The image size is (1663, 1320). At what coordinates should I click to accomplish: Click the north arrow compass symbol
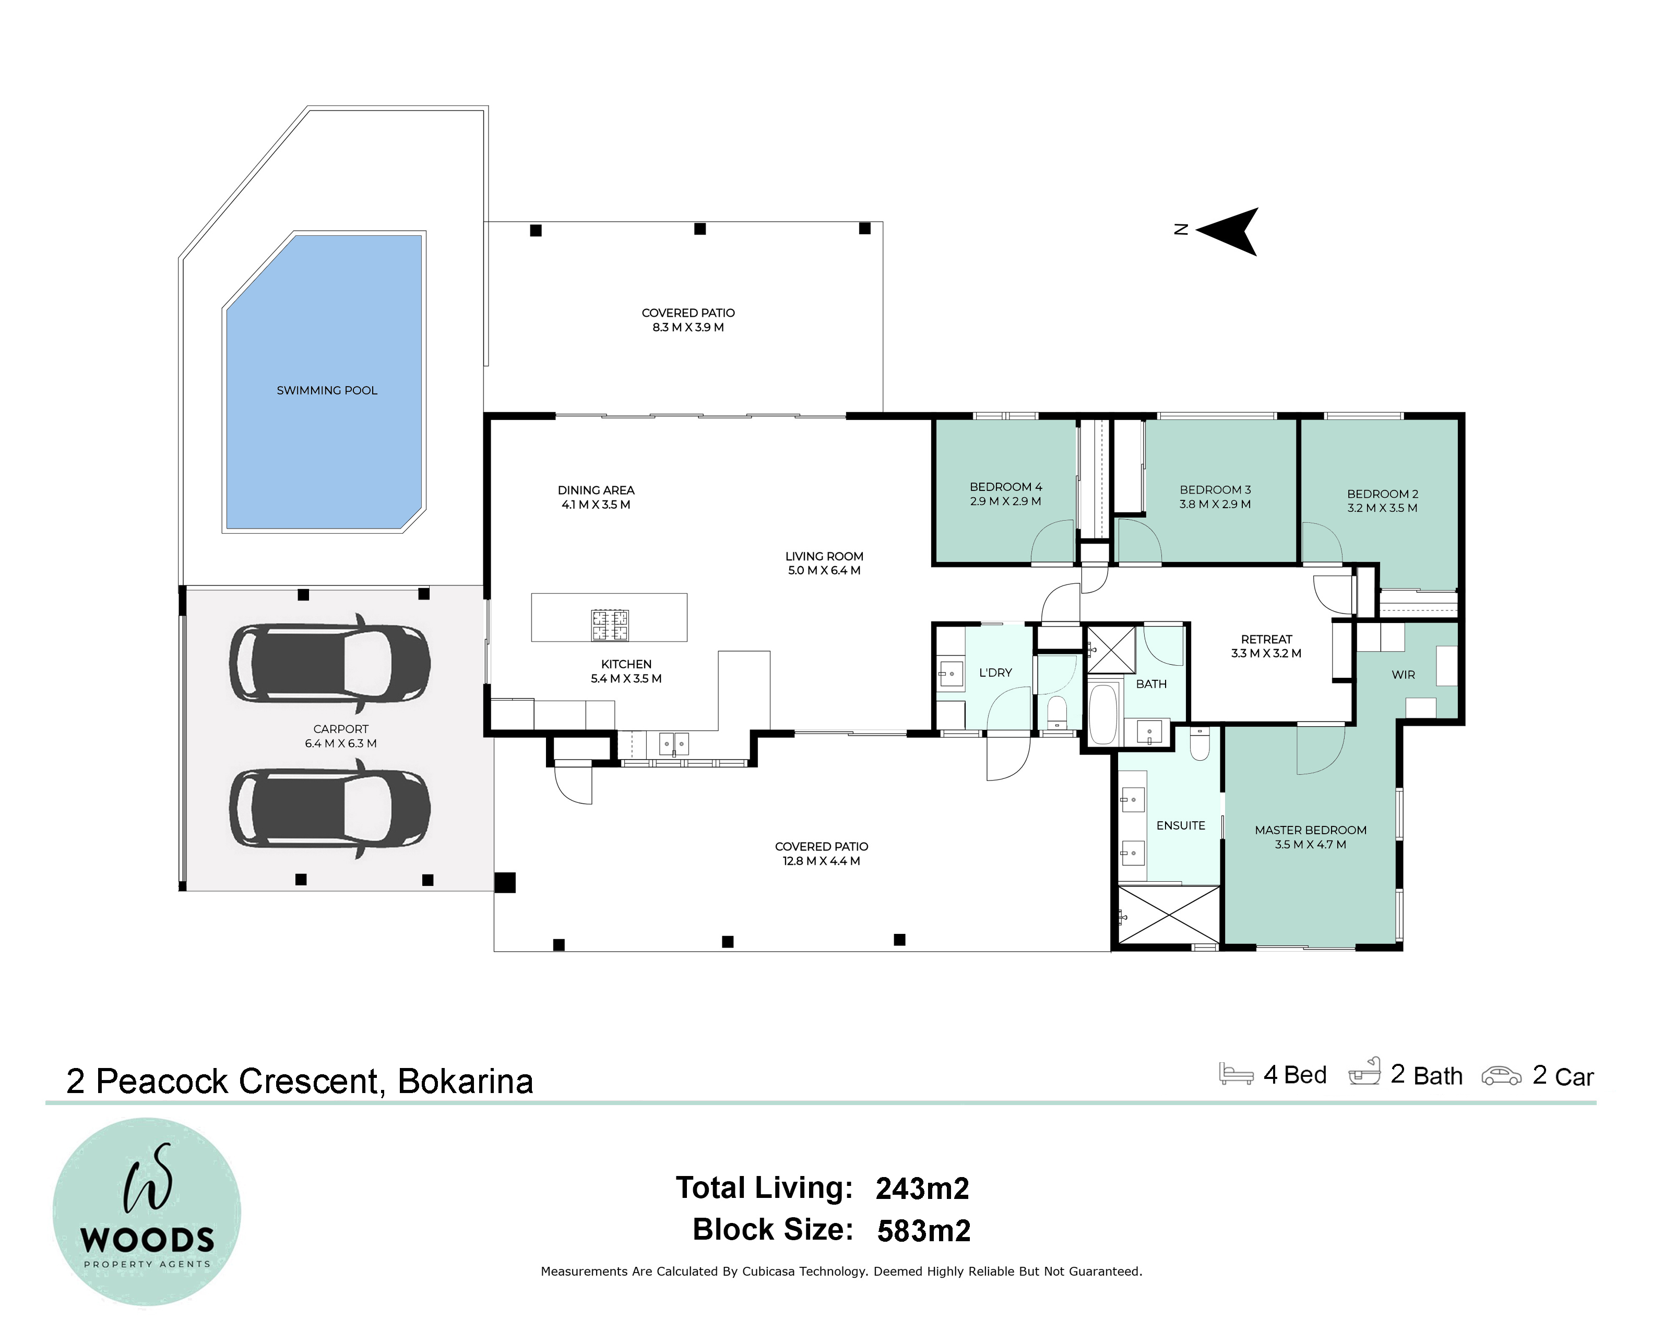pyautogui.click(x=1220, y=231)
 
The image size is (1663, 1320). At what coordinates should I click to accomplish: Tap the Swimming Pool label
pyautogui.click(x=327, y=391)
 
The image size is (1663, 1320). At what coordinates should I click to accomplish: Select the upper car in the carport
pyautogui.click(x=329, y=664)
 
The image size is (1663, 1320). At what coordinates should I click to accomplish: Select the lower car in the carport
pyautogui.click(x=329, y=808)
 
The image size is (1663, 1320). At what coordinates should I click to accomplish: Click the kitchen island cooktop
pyautogui.click(x=609, y=625)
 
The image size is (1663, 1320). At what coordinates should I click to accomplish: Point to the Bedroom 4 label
pyautogui.click(x=1006, y=487)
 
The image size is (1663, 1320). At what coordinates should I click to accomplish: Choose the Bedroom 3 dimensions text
pyautogui.click(x=1215, y=504)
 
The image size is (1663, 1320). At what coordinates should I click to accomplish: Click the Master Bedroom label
pyautogui.click(x=1311, y=831)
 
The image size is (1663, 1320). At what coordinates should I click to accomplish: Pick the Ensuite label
pyautogui.click(x=1180, y=826)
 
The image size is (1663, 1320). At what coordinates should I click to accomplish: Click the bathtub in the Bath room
pyautogui.click(x=1104, y=714)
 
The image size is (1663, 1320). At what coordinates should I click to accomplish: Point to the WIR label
pyautogui.click(x=1403, y=675)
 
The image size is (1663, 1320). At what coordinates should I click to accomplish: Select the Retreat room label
pyautogui.click(x=1266, y=639)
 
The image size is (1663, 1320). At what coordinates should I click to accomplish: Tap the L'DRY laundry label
pyautogui.click(x=995, y=673)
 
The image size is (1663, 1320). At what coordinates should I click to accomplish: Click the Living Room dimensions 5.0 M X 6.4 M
pyautogui.click(x=824, y=571)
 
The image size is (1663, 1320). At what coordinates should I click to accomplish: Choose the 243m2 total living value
pyautogui.click(x=922, y=1189)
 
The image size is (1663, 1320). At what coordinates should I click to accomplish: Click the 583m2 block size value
pyautogui.click(x=924, y=1231)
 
